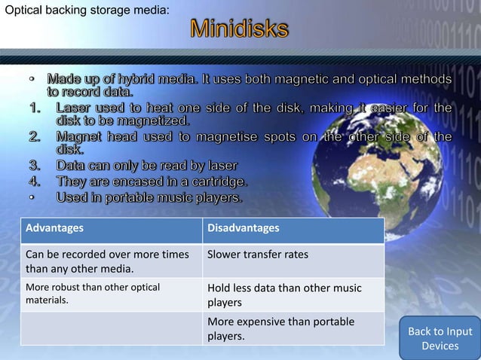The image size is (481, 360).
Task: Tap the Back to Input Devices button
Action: point(440,338)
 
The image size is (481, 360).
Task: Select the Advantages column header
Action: point(55,228)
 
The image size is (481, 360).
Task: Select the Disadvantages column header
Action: point(243,228)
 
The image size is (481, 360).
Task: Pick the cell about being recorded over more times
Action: point(107,261)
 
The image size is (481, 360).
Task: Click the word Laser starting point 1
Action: point(74,108)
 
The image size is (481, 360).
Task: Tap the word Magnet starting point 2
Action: point(79,136)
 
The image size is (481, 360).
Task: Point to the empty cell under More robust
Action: point(111,328)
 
